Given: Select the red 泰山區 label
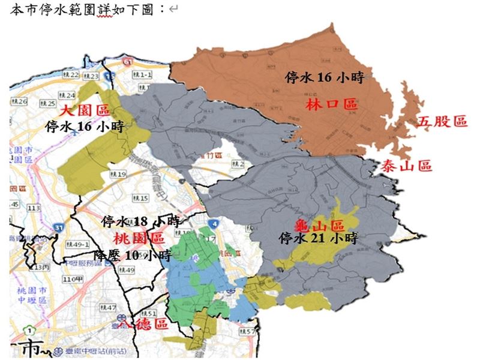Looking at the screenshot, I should [x=406, y=167].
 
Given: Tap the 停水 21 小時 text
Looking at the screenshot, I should [x=319, y=238].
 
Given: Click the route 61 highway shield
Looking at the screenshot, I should [x=126, y=62].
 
